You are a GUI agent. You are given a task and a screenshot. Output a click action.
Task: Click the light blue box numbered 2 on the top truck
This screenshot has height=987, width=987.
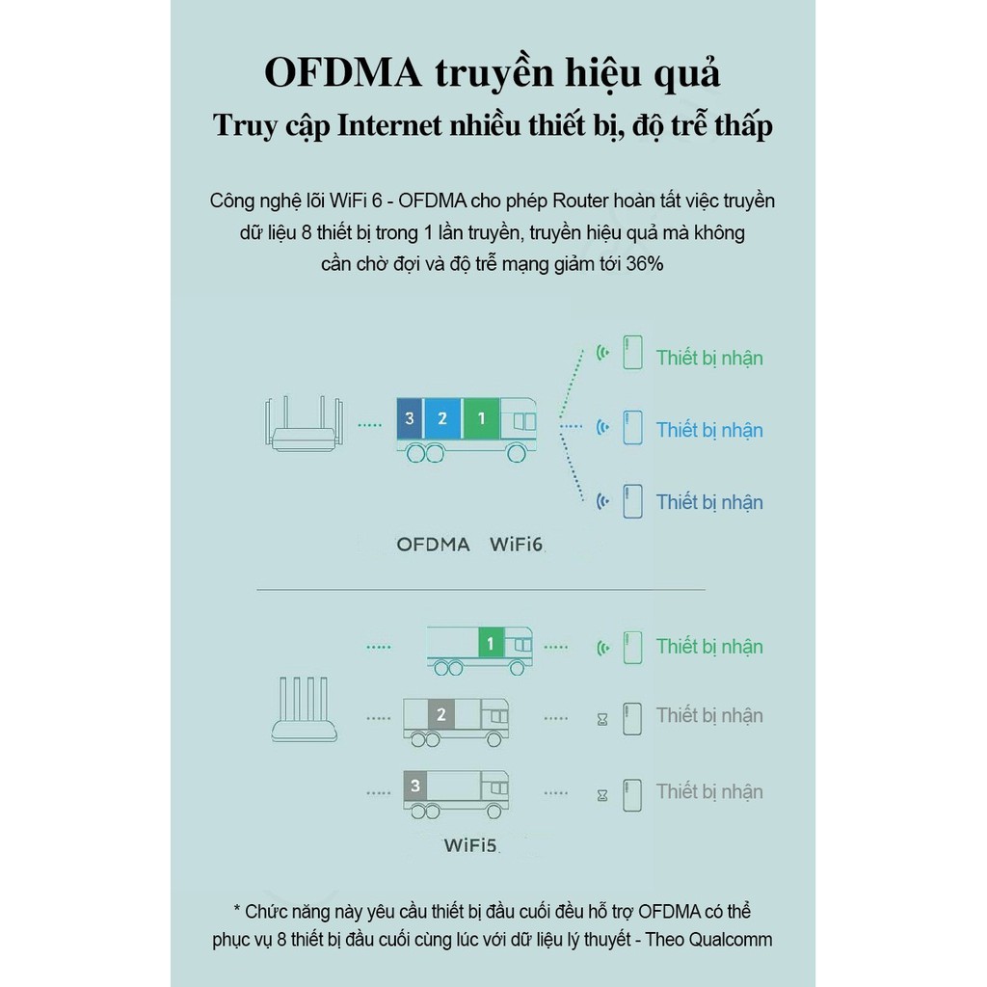pyautogui.click(x=442, y=418)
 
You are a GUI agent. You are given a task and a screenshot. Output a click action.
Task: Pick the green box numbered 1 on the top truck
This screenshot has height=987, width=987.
pyautogui.click(x=482, y=418)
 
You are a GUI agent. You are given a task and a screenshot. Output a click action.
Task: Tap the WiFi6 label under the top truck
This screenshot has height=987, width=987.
pyautogui.click(x=517, y=545)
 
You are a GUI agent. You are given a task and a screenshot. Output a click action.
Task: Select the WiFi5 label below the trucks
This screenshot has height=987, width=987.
pyautogui.click(x=470, y=846)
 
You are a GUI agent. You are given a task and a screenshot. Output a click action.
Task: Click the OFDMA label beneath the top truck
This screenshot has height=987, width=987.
pyautogui.click(x=433, y=545)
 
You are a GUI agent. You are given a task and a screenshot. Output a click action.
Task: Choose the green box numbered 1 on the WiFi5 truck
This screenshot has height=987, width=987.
pyautogui.click(x=491, y=643)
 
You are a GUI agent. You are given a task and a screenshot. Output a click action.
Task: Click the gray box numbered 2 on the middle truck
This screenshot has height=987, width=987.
pyautogui.click(x=441, y=715)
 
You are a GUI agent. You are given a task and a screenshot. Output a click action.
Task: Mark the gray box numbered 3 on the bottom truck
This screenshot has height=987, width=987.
pyautogui.click(x=415, y=787)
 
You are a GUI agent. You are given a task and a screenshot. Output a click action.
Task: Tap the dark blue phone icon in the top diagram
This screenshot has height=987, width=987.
pyautogui.click(x=632, y=501)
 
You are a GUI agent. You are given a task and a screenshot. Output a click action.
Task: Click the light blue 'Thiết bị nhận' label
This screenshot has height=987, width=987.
pyautogui.click(x=709, y=430)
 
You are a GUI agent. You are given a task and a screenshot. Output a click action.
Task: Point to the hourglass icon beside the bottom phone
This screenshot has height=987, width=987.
pyautogui.click(x=603, y=795)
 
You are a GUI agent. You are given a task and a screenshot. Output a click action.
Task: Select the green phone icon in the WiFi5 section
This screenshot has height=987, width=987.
pyautogui.click(x=632, y=647)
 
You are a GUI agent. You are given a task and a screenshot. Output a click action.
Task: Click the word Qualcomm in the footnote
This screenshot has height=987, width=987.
pyautogui.click(x=733, y=940)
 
